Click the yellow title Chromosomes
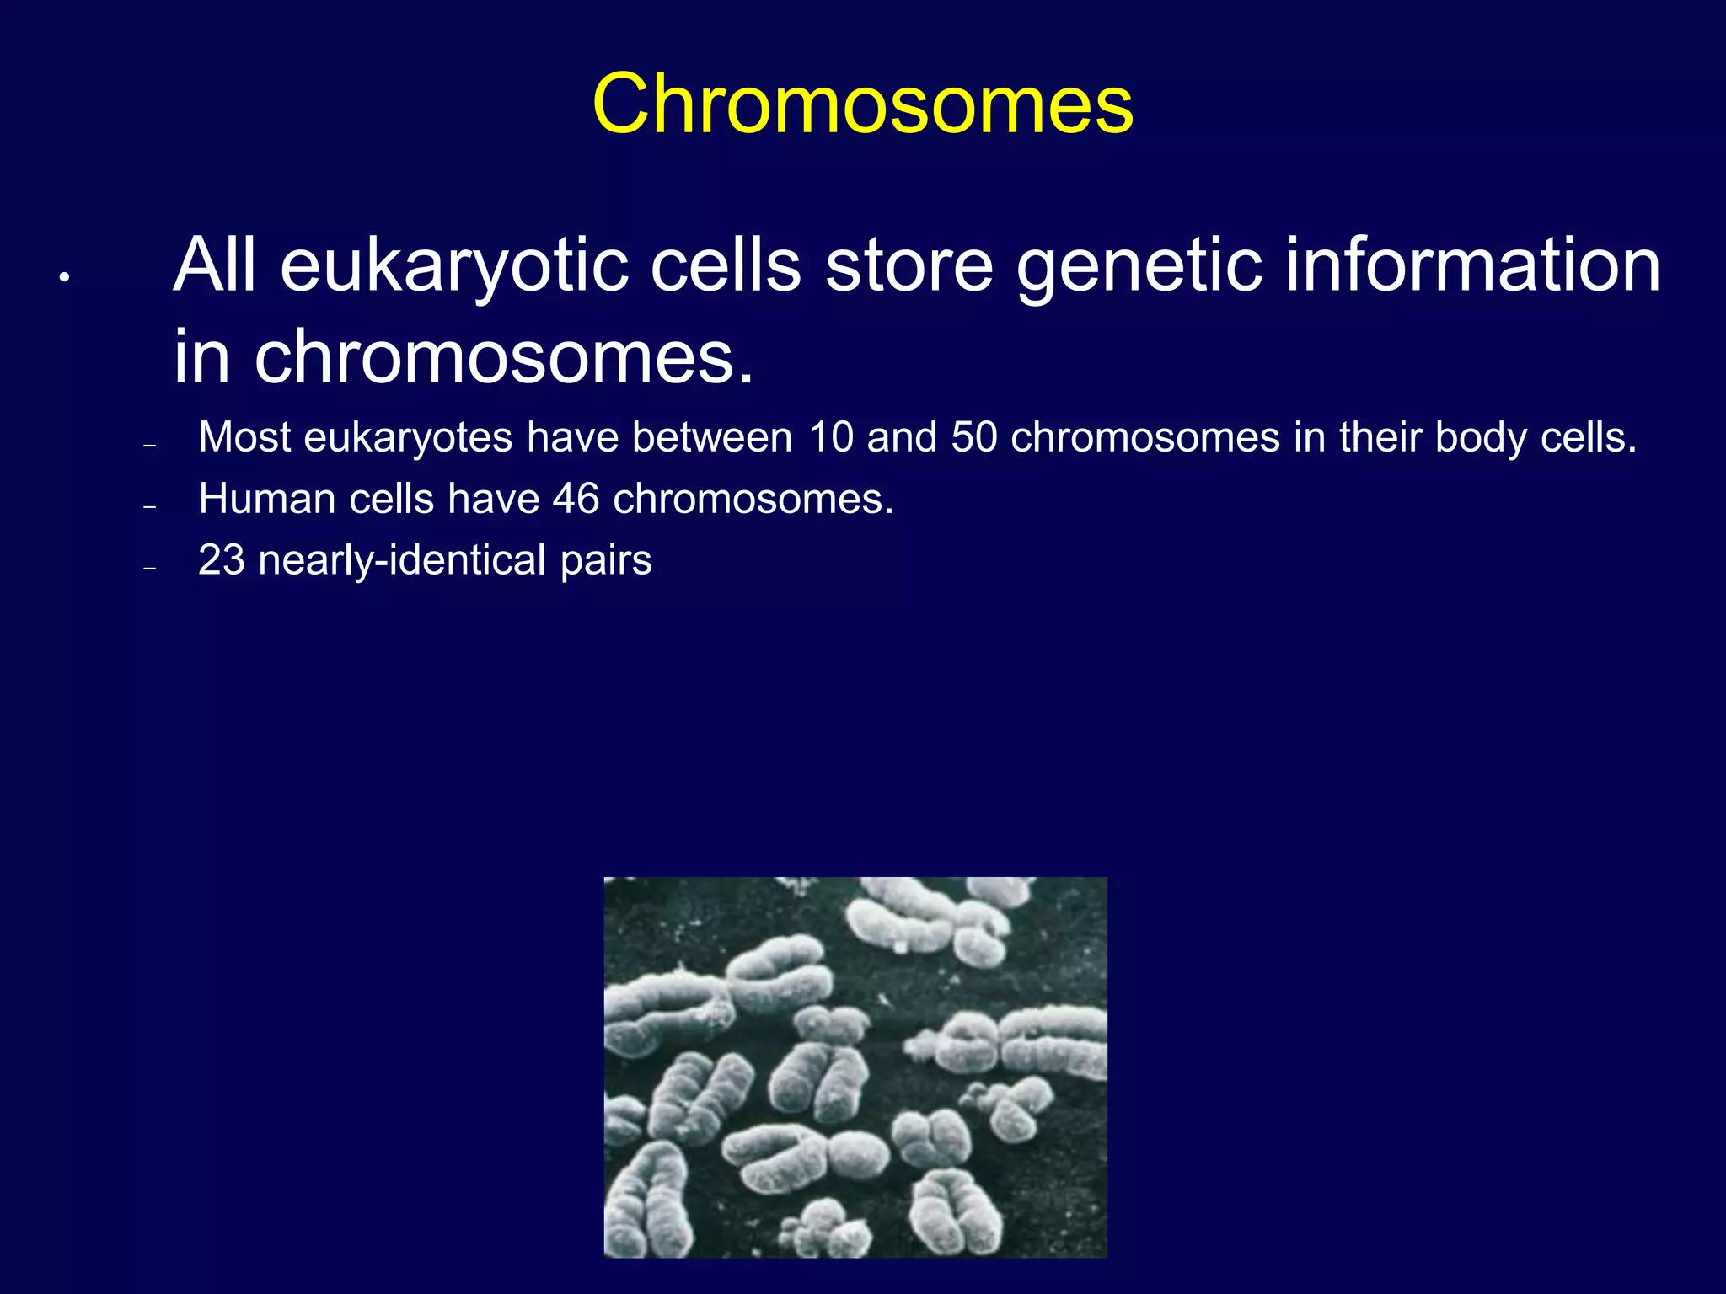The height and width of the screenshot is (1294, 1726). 862,104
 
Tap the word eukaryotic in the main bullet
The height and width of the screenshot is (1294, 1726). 455,266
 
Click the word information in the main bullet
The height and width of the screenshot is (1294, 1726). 1472,265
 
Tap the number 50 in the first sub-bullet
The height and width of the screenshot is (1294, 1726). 973,437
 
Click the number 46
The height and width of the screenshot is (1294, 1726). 576,499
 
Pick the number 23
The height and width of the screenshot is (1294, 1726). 221,560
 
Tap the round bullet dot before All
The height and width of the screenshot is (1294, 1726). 63,276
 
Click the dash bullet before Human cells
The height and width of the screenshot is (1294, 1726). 150,507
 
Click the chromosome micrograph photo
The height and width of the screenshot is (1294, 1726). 855,1067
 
